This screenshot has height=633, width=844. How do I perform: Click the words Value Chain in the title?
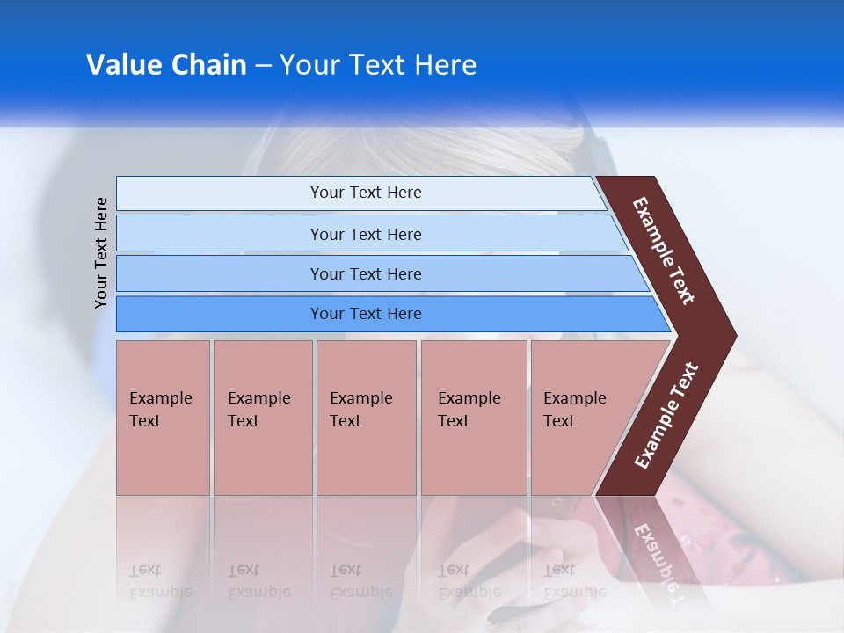click(x=166, y=65)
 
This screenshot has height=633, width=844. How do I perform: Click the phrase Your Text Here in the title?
click(x=378, y=65)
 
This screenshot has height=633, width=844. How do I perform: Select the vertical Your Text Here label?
click(x=101, y=252)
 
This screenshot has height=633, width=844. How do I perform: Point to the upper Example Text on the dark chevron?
click(x=664, y=251)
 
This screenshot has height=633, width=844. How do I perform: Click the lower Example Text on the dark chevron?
click(x=666, y=415)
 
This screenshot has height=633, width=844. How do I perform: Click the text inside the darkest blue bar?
click(x=366, y=314)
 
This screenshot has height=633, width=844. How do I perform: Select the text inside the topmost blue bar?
click(x=366, y=193)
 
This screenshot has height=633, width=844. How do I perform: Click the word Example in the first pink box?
click(x=160, y=398)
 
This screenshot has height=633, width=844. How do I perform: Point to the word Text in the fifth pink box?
click(x=558, y=421)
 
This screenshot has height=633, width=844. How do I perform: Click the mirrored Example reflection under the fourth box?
click(x=469, y=592)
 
